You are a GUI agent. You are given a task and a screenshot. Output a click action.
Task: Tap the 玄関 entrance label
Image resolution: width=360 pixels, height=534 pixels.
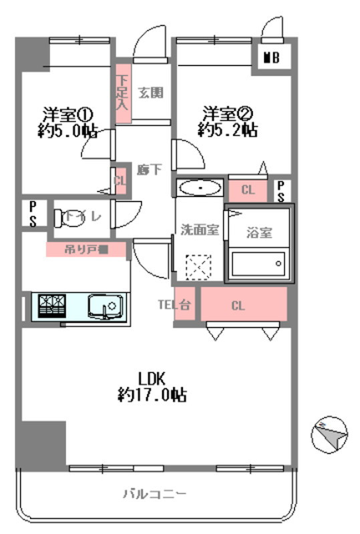pos(151,93)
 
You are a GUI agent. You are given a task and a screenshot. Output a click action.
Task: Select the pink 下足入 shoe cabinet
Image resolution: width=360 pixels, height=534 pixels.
pos(122,93)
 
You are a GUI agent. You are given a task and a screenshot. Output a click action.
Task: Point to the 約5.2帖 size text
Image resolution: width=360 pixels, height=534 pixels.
pos(227,129)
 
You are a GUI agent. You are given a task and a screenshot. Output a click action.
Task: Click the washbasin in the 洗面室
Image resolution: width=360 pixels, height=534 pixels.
pos(200,188)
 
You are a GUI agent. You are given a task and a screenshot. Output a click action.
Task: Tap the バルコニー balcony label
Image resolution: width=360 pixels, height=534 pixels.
pos(154,495)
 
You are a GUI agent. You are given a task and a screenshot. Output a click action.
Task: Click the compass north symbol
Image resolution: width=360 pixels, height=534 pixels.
pos(329,435)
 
